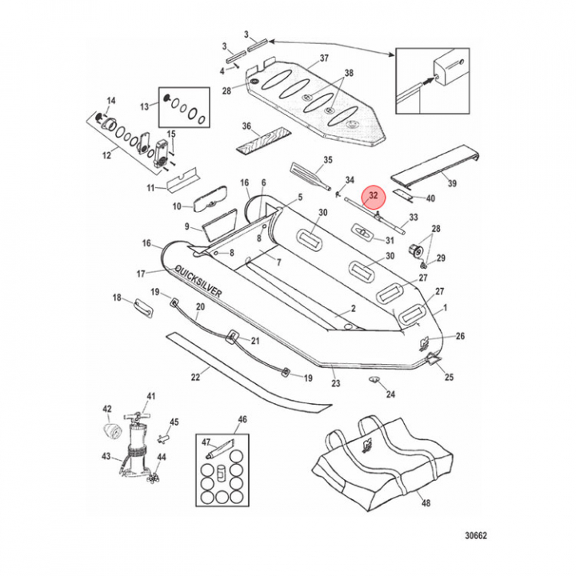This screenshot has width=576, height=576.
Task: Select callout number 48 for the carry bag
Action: (x=425, y=505)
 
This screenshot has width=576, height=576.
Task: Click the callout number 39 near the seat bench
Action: (x=452, y=184)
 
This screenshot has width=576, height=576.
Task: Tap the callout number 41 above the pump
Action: (x=151, y=396)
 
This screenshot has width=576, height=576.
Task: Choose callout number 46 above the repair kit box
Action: (x=242, y=419)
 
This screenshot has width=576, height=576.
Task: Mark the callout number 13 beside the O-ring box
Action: (x=145, y=106)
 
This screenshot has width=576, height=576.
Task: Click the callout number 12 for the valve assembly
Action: (x=106, y=155)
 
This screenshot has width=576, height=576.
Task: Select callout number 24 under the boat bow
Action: (x=390, y=394)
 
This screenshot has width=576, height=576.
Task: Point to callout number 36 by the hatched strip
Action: (x=246, y=126)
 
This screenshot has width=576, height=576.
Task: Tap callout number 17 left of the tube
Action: (x=142, y=274)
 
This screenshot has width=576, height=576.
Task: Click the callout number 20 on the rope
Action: (x=199, y=307)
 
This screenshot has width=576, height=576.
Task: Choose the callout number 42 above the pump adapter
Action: (x=107, y=409)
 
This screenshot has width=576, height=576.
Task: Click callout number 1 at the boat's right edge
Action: (x=445, y=307)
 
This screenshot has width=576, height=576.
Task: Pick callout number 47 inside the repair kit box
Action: (x=206, y=442)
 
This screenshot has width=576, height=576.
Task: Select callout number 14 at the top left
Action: (x=111, y=101)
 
